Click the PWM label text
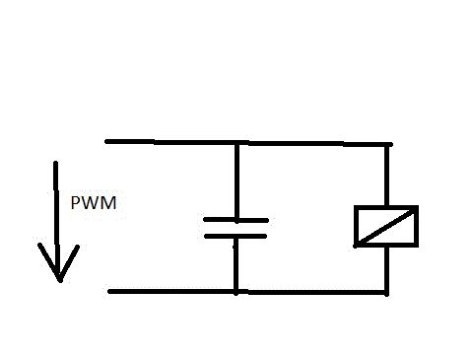(94, 203)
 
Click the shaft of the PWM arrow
(57, 219)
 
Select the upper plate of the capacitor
(236, 220)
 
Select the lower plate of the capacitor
(236, 236)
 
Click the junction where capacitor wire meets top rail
(236, 143)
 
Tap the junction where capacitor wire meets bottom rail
(236, 292)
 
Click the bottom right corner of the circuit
(386, 292)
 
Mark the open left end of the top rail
(107, 141)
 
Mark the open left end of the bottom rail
(110, 291)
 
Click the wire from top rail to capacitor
(236, 180)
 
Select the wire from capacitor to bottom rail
(236, 264)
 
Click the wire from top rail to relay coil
(387, 176)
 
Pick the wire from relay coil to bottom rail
(386, 269)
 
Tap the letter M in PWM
(110, 203)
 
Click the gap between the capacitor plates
(236, 228)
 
